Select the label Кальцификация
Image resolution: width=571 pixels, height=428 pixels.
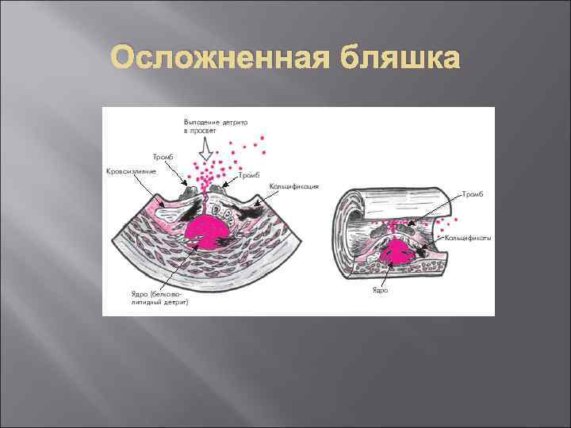coord(294,187)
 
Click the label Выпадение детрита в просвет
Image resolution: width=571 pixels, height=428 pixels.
coord(215,126)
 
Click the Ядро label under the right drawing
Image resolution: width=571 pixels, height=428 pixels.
coord(380,291)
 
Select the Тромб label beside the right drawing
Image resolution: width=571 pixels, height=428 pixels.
coord(473,193)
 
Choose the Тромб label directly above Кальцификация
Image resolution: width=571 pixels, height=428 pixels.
coord(250,175)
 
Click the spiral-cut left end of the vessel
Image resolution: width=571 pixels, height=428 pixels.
coord(346,230)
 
